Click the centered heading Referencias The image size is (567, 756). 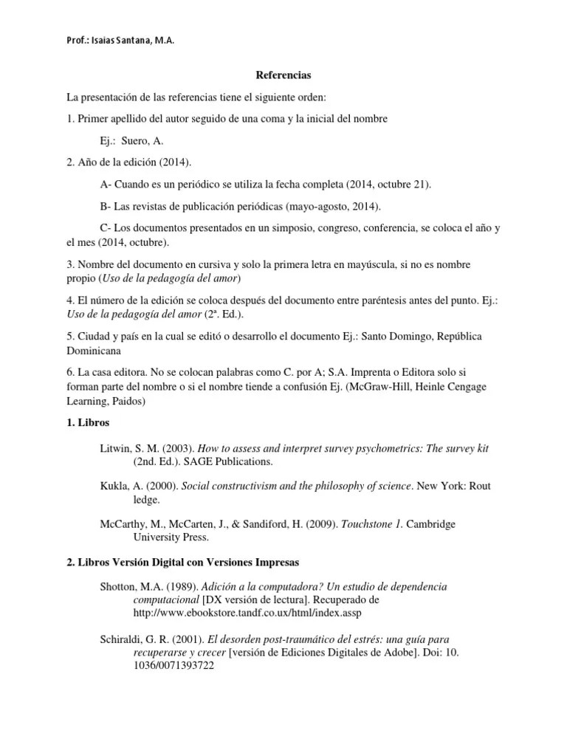click(x=283, y=75)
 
